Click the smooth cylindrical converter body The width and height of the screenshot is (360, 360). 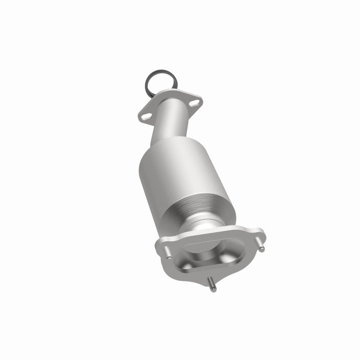[180, 171]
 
